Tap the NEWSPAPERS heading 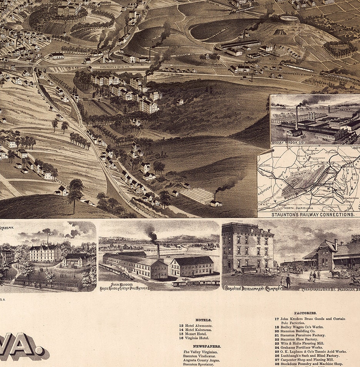click(207, 346)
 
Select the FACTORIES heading click(305, 313)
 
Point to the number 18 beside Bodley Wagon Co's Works click(277, 327)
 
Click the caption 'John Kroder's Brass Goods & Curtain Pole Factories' click(124, 287)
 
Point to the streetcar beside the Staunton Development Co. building click(249, 270)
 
